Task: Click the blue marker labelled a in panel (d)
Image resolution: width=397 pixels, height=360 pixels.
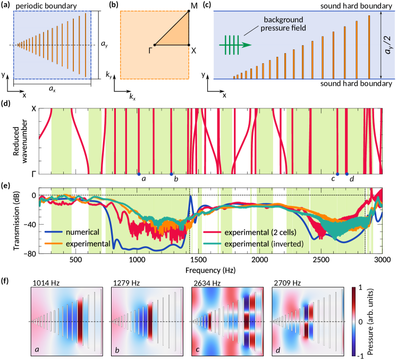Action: [139, 174]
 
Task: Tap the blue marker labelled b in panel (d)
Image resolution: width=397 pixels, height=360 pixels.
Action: [171, 174]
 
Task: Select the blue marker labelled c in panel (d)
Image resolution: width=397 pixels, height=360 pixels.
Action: [337, 174]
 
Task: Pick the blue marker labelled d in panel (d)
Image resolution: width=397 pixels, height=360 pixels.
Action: [347, 174]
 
